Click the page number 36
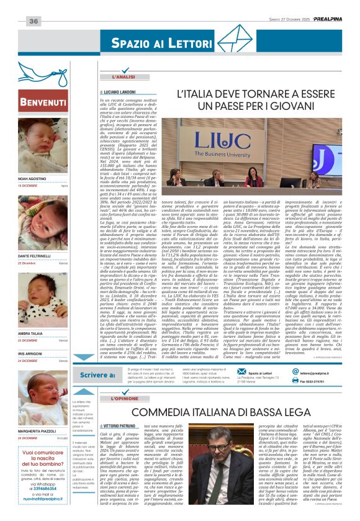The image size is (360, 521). click(34, 22)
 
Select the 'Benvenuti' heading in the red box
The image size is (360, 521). click(43, 102)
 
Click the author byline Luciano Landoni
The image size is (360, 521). click(124, 92)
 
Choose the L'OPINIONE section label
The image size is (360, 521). click(128, 397)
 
